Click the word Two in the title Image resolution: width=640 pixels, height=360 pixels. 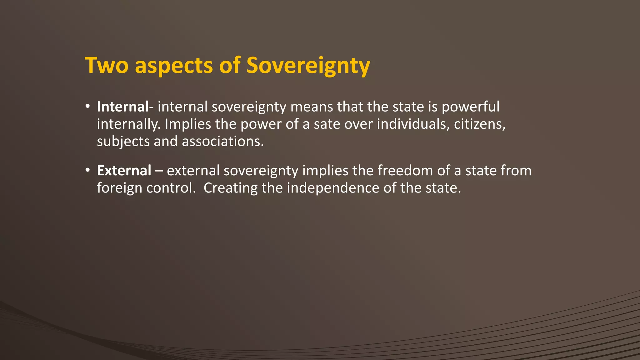(107, 66)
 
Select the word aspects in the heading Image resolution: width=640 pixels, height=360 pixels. (174, 66)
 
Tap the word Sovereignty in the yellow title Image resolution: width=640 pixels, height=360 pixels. (308, 66)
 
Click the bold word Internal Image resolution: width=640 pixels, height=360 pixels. (122, 107)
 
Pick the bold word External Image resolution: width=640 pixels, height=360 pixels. (124, 171)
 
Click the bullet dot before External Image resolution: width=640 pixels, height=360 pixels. (88, 170)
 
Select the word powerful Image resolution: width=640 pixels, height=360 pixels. (471, 107)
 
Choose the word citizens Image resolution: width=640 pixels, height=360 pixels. (479, 124)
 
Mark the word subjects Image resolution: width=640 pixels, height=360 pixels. (123, 142)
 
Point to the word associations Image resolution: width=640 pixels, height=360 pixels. (223, 142)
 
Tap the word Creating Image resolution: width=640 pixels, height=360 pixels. (231, 188)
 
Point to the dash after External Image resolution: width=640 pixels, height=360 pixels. (159, 171)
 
